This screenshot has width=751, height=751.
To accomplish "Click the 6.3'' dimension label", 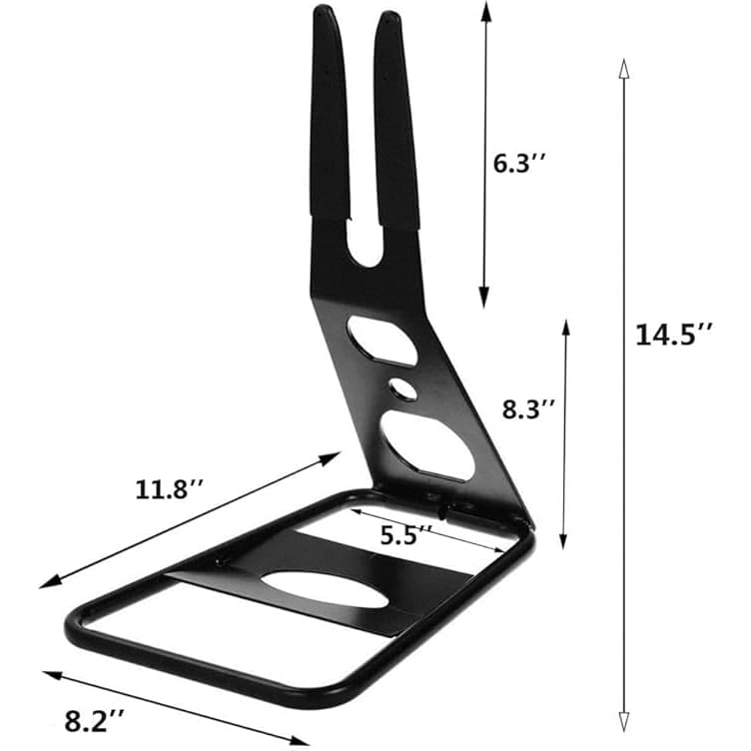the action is tap(518, 164).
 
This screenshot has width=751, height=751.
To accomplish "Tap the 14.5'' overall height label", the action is tap(673, 335).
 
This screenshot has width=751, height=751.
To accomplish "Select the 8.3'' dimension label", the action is tap(528, 409).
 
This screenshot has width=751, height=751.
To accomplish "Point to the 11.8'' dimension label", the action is tap(170, 489).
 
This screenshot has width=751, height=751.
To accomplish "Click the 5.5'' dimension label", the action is tap(406, 535).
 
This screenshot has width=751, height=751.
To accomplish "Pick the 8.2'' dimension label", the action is tap(94, 721).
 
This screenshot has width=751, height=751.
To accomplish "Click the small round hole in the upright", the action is tap(403, 388).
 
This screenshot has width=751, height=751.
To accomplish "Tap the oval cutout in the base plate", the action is tap(325, 589).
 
